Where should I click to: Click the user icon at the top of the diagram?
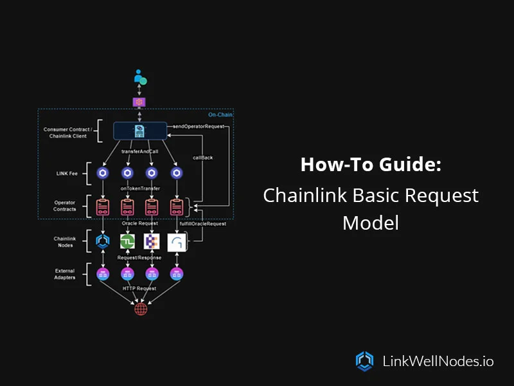140,78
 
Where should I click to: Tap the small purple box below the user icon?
139,102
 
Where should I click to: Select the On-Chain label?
220,115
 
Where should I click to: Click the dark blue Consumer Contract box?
139,131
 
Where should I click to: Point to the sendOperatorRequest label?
199,126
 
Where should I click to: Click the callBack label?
203,156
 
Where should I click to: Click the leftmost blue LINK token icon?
103,173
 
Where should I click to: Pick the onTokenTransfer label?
139,188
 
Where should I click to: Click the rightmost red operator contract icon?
176,207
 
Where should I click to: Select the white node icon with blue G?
176,243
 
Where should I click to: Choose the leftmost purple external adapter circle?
103,274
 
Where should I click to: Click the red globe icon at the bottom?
140,309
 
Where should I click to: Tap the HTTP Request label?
139,289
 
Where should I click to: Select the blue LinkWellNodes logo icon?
364,361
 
